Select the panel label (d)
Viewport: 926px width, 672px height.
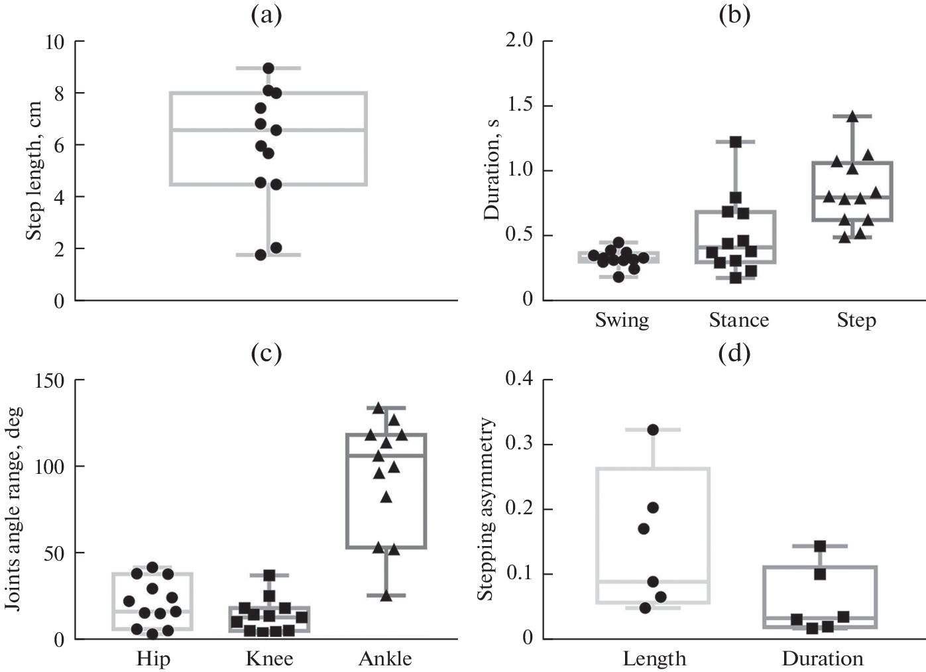click(734, 354)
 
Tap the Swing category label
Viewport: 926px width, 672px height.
click(622, 321)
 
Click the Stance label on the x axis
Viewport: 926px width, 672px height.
click(739, 321)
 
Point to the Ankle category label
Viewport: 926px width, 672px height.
click(385, 659)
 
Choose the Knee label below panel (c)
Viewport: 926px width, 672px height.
click(269, 659)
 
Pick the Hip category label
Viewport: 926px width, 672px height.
click(153, 659)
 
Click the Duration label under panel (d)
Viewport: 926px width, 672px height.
click(823, 659)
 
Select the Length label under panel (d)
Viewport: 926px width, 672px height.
click(654, 659)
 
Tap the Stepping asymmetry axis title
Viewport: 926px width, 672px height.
click(487, 509)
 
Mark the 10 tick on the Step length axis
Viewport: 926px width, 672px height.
click(54, 42)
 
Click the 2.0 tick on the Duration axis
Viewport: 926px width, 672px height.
click(519, 40)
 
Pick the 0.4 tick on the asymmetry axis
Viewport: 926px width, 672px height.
click(519, 379)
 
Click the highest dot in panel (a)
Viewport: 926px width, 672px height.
click(268, 68)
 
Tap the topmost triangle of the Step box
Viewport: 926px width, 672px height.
click(852, 117)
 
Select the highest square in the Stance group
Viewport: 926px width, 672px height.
click(735, 142)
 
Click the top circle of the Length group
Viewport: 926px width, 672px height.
click(653, 430)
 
